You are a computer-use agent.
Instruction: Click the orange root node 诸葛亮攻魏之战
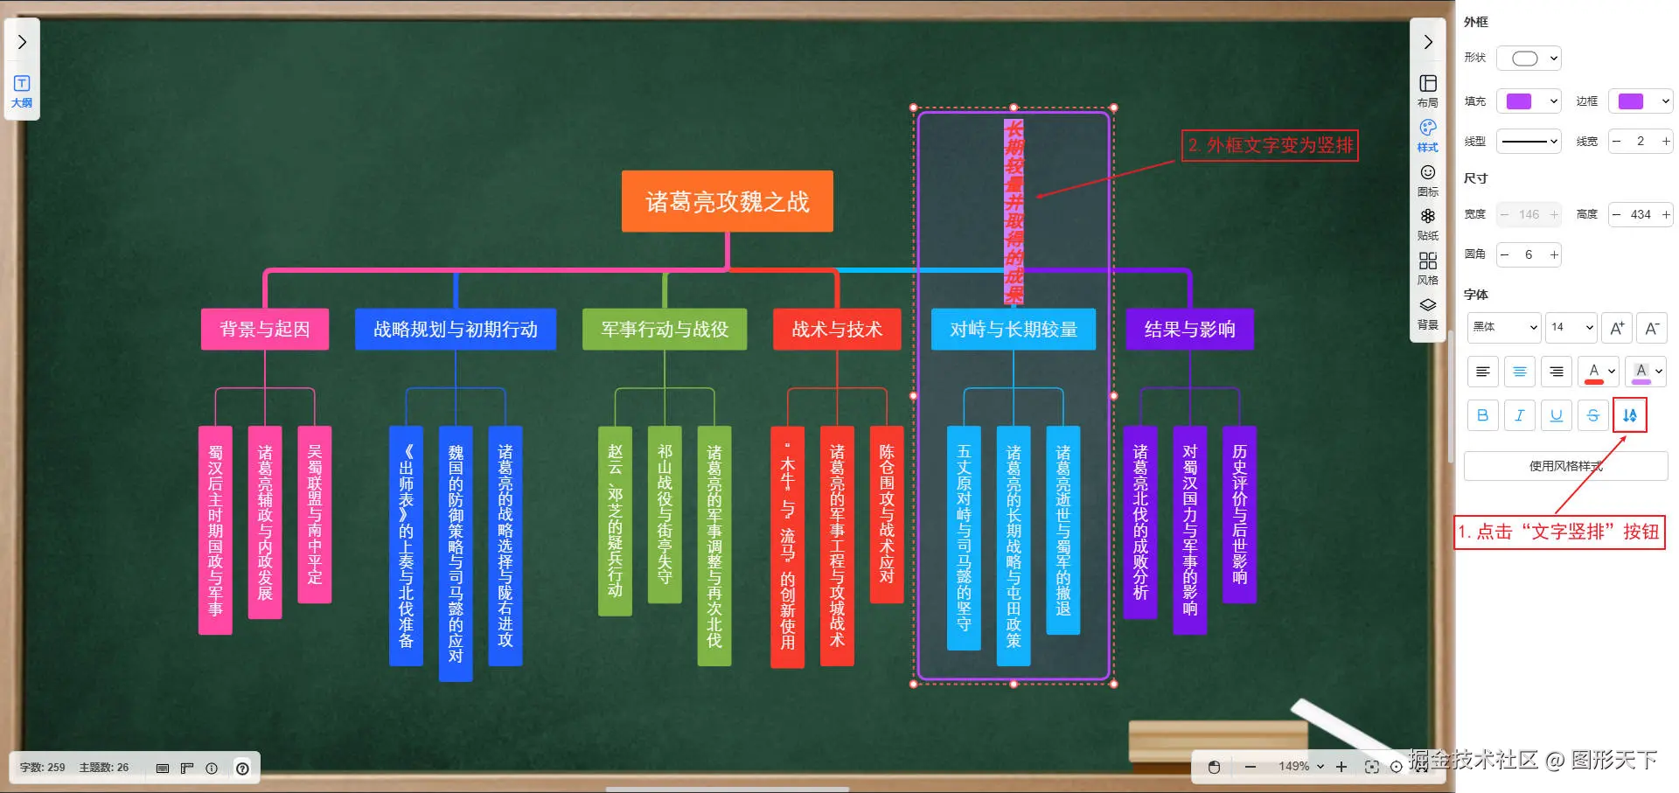(x=727, y=202)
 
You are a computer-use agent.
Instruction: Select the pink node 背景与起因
(x=264, y=330)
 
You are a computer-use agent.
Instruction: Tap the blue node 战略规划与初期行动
(x=455, y=330)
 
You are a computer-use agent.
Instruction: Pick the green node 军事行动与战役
(x=665, y=330)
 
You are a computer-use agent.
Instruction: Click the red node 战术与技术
(x=837, y=330)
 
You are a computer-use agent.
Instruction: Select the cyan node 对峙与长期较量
(x=1013, y=330)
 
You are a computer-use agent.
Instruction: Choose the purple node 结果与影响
(x=1189, y=330)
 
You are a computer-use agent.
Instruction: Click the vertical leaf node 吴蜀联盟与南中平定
(x=315, y=514)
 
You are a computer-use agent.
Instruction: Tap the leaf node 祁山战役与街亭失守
(x=665, y=514)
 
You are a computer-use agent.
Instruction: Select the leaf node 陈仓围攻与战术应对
(x=887, y=514)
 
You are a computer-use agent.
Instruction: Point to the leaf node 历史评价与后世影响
(x=1239, y=514)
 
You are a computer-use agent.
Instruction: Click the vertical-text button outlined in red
(x=1629, y=415)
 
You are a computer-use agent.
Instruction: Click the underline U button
(x=1556, y=415)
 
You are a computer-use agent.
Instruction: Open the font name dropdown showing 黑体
(x=1503, y=327)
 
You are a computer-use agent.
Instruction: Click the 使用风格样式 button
(x=1565, y=466)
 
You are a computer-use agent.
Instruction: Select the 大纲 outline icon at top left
(x=22, y=90)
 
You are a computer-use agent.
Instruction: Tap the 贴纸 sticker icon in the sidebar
(x=1427, y=223)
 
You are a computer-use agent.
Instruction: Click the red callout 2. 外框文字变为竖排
(x=1270, y=145)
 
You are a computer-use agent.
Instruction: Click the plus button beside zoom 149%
(x=1341, y=767)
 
